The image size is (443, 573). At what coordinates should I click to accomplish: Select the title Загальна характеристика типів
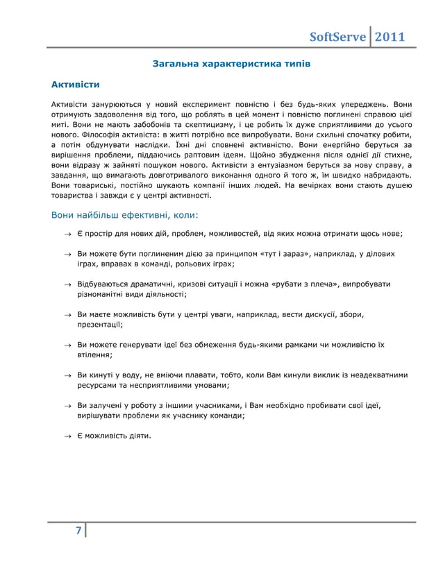point(231,64)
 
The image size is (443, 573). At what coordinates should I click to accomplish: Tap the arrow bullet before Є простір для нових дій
point(68,234)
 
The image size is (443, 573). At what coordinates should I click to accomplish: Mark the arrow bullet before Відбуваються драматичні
point(68,284)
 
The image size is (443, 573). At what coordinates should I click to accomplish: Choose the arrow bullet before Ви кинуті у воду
point(68,375)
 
